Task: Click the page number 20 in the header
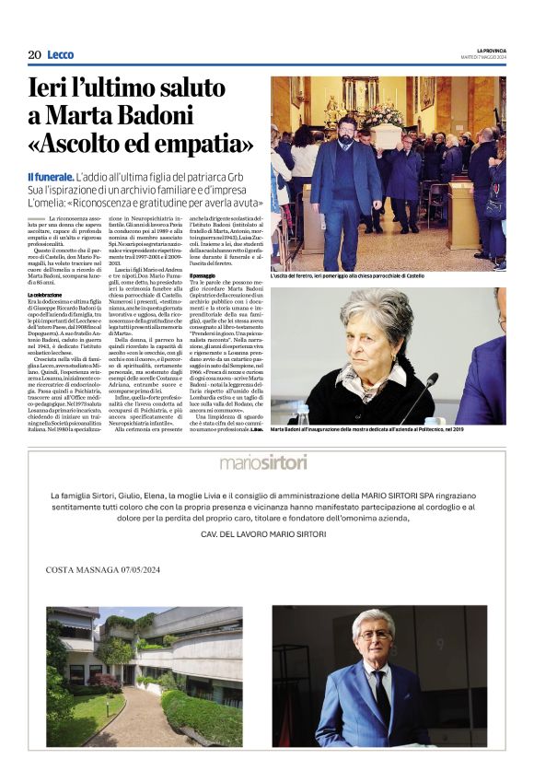click(34, 54)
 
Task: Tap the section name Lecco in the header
click(60, 54)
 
